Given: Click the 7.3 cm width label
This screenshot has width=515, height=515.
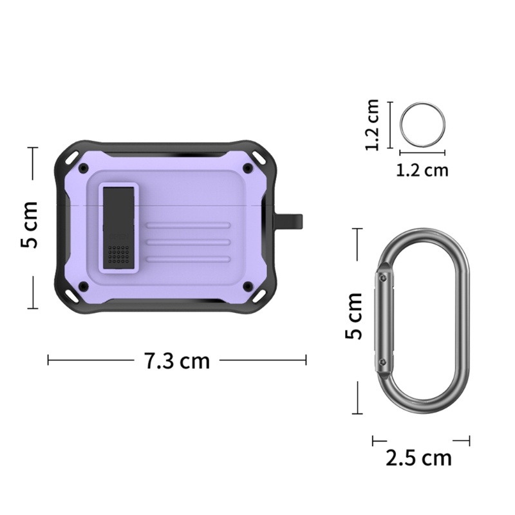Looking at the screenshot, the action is coord(176,360).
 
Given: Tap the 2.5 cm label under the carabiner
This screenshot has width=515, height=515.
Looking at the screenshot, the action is coord(418,458).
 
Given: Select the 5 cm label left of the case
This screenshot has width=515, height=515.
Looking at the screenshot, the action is coord(29,224).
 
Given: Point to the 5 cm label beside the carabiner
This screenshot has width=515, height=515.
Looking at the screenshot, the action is coord(353,315).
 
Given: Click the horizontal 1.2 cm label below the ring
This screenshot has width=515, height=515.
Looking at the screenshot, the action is coord(422,170).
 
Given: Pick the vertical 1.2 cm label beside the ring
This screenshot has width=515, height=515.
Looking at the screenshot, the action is coord(373,124).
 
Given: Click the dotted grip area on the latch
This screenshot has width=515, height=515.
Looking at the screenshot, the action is coord(118,254).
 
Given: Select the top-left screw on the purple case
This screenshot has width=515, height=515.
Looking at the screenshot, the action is coord(84,168).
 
